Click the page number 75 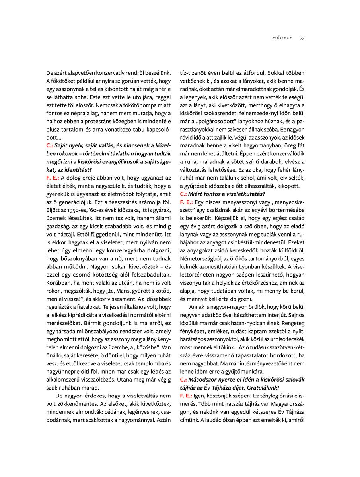point(302,38)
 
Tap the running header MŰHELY point(282,38)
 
